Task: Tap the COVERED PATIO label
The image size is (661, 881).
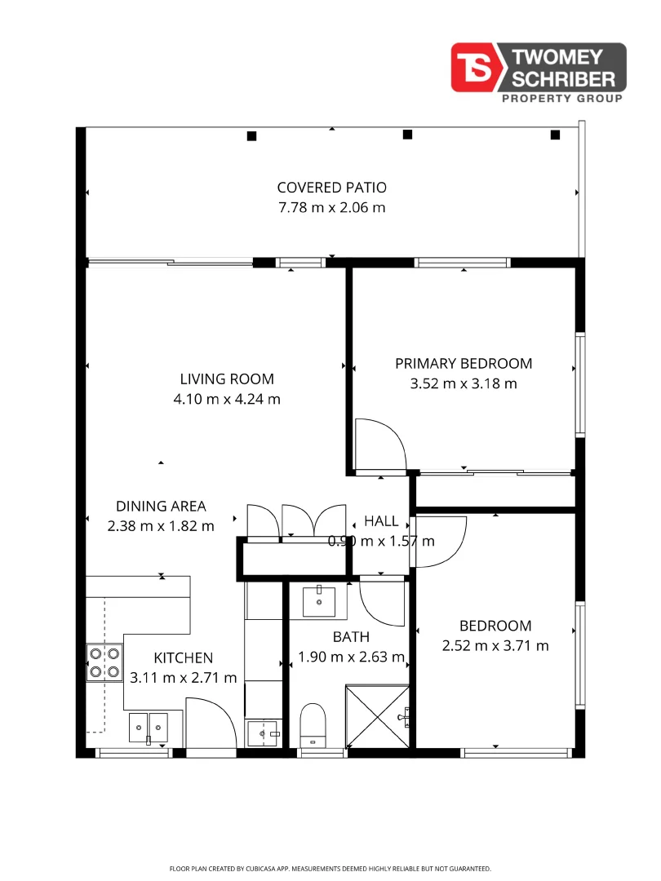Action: click(x=331, y=187)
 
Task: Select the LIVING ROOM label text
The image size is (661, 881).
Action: click(x=227, y=379)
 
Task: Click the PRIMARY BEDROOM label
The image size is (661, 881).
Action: click(x=464, y=363)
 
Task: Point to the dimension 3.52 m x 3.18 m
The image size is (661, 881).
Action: click(x=464, y=383)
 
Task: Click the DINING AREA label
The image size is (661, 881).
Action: click(x=161, y=506)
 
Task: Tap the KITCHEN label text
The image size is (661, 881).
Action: click(x=184, y=657)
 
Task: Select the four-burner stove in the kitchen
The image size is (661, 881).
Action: click(x=105, y=662)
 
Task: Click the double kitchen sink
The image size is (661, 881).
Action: click(x=148, y=724)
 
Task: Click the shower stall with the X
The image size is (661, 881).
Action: click(x=377, y=715)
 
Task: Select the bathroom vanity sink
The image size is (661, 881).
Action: click(x=319, y=602)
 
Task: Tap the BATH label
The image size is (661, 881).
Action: click(x=351, y=636)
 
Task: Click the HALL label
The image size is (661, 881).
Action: click(x=381, y=520)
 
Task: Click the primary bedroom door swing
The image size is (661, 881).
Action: click(x=379, y=445)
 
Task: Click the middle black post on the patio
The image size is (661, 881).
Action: click(x=407, y=135)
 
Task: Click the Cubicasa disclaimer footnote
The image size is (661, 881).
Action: click(x=330, y=869)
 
